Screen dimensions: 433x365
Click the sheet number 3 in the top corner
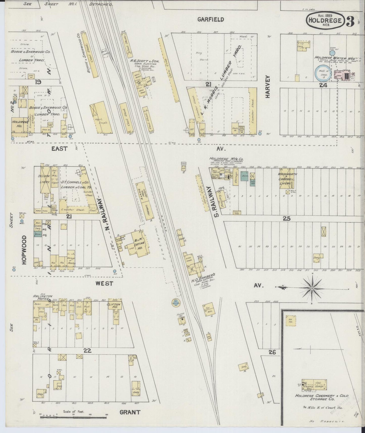coord(350,21)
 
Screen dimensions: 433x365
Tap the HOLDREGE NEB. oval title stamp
coord(325,21)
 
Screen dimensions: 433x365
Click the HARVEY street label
coord(268,87)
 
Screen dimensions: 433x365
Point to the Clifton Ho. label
coord(115,306)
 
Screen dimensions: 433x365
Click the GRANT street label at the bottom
coord(130,413)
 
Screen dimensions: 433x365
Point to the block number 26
coord(272,352)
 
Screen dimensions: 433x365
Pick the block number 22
coord(87,350)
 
